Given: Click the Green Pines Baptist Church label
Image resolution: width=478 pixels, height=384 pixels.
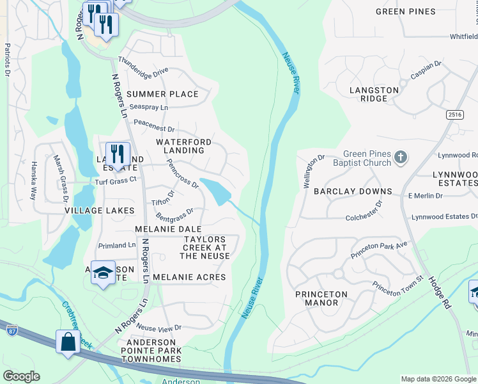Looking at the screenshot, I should coord(366,158).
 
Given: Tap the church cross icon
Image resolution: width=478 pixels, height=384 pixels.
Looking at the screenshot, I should coord(400,157).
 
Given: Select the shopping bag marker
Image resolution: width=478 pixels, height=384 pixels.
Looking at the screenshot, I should coord(68,342).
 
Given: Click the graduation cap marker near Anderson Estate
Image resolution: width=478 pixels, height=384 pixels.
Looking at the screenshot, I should coord(103,273).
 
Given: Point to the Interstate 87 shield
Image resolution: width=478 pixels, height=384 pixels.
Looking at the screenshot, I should coord(12,330).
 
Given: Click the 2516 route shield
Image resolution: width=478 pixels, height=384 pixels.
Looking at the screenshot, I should coord(455,114).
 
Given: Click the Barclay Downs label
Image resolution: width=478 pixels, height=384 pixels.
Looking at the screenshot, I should coord(362,191).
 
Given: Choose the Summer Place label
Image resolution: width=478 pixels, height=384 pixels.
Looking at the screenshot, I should coord(162,94).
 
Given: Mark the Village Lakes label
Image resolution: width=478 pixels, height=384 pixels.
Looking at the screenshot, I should coord(100,210).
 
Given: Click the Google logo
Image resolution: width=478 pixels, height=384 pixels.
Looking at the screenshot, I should coord(21,376).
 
